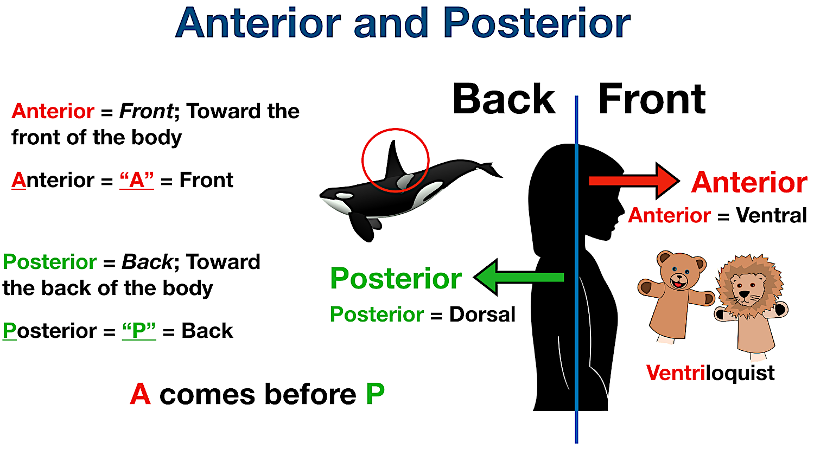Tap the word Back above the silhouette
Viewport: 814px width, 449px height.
coord(504,99)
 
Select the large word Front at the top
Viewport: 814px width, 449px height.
coord(652,99)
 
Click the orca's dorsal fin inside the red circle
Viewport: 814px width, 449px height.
coord(393,160)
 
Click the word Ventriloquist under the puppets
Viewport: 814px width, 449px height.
coord(710,373)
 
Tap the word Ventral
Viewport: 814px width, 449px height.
coord(771,215)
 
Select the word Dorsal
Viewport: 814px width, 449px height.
coord(482,315)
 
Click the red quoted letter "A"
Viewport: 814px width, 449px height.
coord(137,180)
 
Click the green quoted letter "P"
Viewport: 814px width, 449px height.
coord(139,331)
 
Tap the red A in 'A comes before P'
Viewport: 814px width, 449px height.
coord(140,394)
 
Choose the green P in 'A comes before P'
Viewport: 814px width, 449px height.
coord(375,394)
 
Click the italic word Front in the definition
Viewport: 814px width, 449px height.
coord(146,111)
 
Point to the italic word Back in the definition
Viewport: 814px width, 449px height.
coord(147,262)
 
